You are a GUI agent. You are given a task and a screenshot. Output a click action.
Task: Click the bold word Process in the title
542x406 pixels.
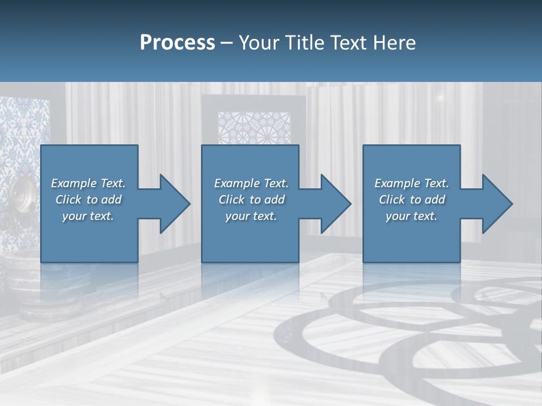(x=177, y=43)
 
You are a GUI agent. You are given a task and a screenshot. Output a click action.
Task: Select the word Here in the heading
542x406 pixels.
(x=394, y=43)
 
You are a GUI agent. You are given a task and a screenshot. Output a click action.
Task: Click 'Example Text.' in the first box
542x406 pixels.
(x=88, y=183)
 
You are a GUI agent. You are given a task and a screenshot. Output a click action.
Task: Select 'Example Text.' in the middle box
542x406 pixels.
(x=251, y=183)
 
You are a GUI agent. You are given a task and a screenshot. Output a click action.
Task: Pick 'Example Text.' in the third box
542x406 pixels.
(x=412, y=183)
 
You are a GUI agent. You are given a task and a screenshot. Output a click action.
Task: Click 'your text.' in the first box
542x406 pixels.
(x=88, y=216)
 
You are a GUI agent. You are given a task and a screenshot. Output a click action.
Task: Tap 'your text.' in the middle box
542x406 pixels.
(x=251, y=216)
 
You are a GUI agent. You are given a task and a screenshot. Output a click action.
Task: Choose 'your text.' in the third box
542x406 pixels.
(x=412, y=216)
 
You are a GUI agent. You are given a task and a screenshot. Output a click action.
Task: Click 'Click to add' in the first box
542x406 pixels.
(x=88, y=200)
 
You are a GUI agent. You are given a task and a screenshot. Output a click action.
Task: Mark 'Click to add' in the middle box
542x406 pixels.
(x=251, y=200)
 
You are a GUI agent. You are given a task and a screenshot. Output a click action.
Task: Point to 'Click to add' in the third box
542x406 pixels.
(x=412, y=200)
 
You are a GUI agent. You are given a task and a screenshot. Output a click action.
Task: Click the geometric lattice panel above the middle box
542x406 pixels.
(x=254, y=127)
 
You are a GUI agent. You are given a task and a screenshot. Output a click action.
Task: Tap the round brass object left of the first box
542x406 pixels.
(x=21, y=195)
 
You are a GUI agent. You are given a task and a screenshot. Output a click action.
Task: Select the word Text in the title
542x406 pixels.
(x=349, y=43)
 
